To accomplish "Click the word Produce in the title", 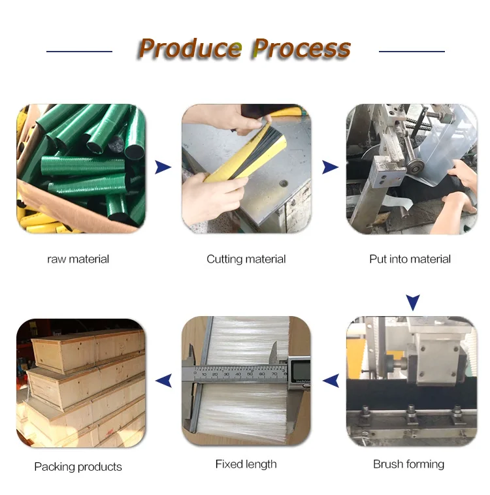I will click(x=190, y=49).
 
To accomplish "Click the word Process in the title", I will click(x=301, y=49).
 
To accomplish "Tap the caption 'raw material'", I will click(x=78, y=259).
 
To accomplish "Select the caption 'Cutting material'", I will click(x=246, y=259).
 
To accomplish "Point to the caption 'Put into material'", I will click(x=410, y=259).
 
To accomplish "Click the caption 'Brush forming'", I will click(x=408, y=464).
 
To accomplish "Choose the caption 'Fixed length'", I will click(x=246, y=464).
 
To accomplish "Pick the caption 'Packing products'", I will click(x=78, y=467).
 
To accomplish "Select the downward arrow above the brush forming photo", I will click(x=412, y=302).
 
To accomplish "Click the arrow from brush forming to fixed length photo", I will click(x=331, y=380).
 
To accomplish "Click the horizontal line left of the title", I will click(x=79, y=51).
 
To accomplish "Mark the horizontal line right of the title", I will click(x=412, y=51).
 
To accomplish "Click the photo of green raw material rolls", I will click(x=81, y=168).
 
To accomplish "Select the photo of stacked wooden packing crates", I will click(x=81, y=382).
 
